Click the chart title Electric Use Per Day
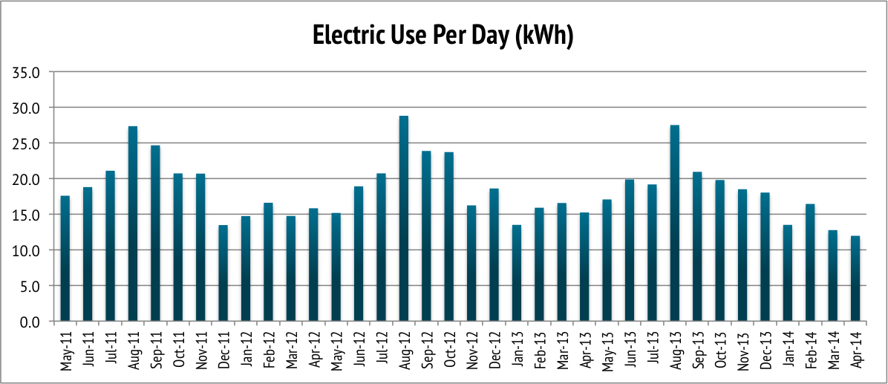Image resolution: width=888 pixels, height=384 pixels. pos(443,36)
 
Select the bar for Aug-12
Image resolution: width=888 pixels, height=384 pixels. pos(404,219)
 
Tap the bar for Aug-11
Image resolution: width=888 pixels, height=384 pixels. pos(133,224)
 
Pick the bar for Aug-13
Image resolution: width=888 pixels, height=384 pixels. pos(674,224)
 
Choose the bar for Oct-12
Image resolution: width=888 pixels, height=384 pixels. pos(448,237)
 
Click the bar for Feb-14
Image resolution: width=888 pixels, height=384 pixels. pos(810,263)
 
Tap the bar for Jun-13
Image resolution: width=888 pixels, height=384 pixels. pos(630,250)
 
